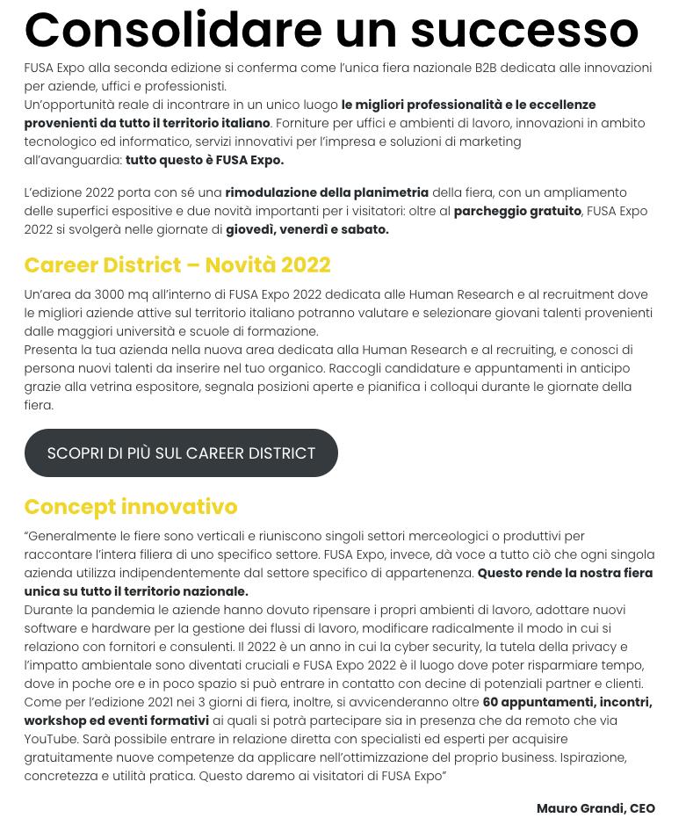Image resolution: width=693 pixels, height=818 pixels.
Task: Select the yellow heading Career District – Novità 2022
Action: tap(177, 264)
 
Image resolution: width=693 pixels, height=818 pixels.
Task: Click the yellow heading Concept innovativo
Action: tap(130, 506)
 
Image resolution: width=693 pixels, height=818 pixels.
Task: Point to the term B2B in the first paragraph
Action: tap(486, 68)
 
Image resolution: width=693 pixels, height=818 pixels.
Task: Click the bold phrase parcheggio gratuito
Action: tap(516, 211)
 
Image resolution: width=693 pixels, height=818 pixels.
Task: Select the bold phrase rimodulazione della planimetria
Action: tap(327, 192)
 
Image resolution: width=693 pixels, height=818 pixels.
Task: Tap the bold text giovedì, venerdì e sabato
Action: tap(307, 229)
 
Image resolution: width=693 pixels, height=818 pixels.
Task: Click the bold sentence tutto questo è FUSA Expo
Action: tap(204, 160)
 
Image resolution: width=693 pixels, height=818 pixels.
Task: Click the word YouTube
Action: tap(50, 739)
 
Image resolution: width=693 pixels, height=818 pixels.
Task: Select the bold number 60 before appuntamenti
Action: tap(490, 702)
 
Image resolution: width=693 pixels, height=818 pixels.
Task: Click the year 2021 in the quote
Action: tap(177, 702)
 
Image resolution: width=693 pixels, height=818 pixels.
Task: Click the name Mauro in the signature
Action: tap(557, 808)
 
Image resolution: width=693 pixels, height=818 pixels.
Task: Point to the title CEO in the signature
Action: tap(642, 808)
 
